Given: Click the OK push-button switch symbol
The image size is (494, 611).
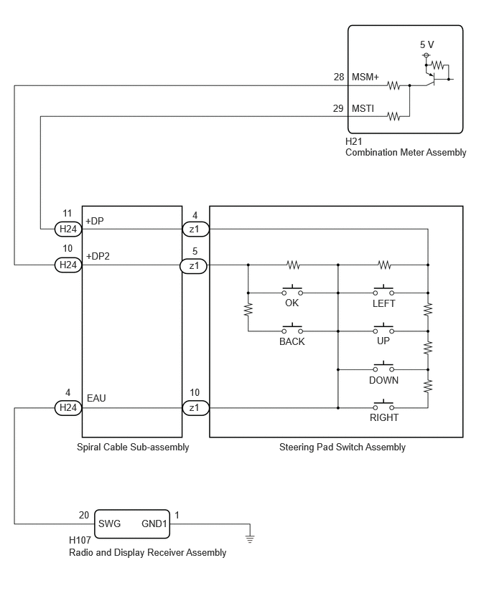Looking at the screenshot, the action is tap(292, 290).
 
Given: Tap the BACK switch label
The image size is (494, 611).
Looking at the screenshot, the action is tap(292, 342).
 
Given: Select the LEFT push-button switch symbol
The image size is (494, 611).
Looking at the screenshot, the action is tap(383, 290).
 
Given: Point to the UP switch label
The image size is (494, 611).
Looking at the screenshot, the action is tap(383, 341).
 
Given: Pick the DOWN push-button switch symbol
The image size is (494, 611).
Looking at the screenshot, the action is tap(383, 367).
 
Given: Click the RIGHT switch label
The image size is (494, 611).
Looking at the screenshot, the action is tap(384, 417).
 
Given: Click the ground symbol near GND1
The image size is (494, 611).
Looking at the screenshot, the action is tap(250, 538).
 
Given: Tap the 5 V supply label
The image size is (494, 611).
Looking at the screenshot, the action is tap(427, 44).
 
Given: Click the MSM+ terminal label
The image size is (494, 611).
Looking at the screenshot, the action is tap(365, 77).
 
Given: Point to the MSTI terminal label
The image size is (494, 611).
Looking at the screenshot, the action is tap(363, 108).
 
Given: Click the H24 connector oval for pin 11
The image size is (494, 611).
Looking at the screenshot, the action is tap(68, 229).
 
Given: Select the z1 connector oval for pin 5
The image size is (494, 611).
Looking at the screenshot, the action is tap(194, 266).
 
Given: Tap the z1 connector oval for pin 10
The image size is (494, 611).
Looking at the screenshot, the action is tap(195, 408).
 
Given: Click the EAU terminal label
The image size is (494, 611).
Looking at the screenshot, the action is tap(96, 398).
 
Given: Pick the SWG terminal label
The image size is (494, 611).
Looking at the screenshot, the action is tap(109, 524).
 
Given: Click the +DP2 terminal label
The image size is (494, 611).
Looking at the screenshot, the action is tap(98, 256).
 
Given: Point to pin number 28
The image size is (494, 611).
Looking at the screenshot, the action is tap(339, 77).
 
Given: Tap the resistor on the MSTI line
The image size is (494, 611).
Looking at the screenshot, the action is tap(393, 116).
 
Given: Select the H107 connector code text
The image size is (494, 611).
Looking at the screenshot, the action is tap(80, 540).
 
